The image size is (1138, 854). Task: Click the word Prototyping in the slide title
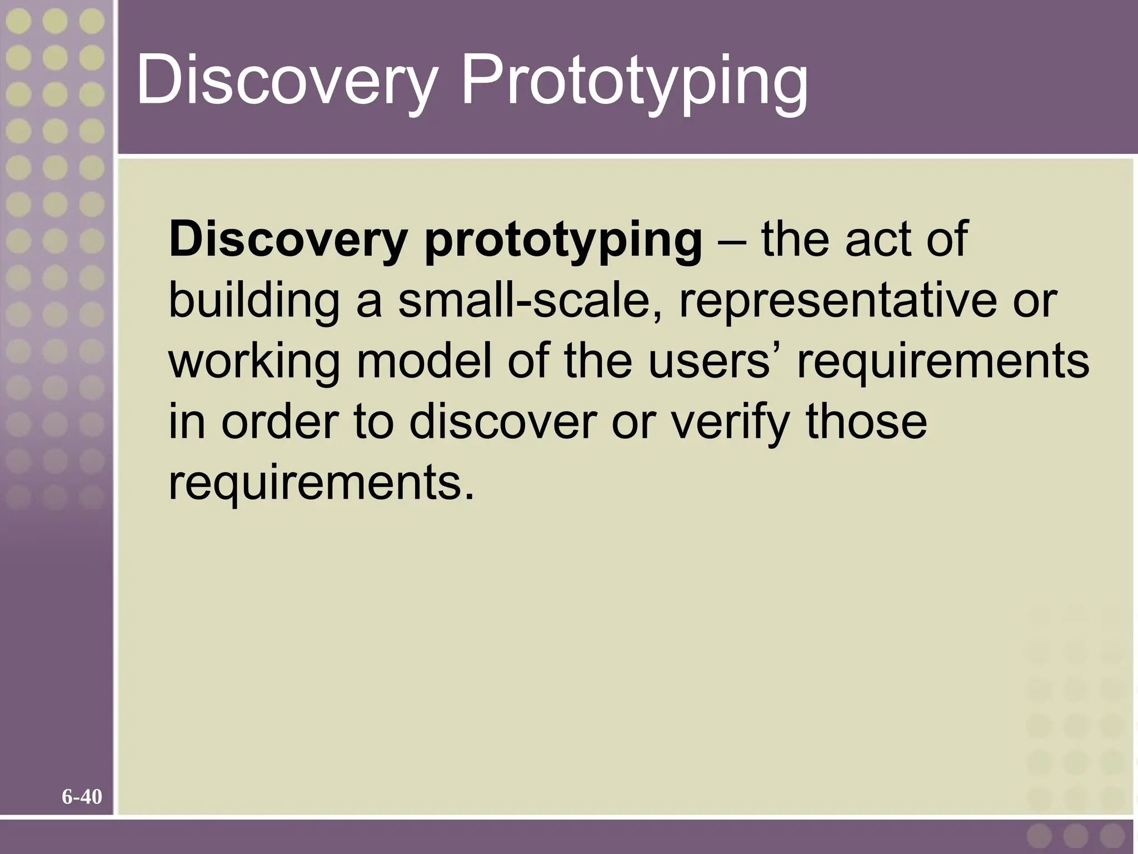pos(635,81)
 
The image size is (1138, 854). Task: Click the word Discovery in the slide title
pos(284,81)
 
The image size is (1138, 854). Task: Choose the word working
pos(254,362)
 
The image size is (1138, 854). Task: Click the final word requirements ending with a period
pos(322,483)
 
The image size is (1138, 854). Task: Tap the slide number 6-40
pos(82,797)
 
